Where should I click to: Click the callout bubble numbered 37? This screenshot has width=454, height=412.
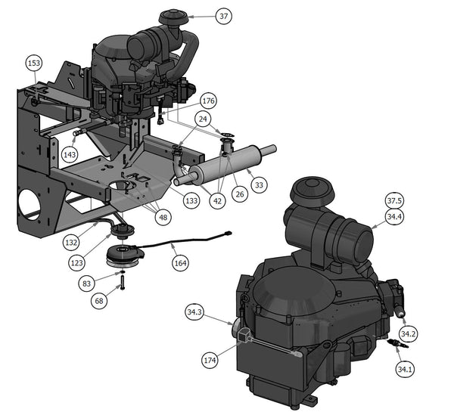(x=223, y=16)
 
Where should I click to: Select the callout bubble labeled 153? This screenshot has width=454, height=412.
(x=34, y=63)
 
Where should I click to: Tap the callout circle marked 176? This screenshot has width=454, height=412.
(x=209, y=101)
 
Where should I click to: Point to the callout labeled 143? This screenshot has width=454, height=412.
(x=70, y=154)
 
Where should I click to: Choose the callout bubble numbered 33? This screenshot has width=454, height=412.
(x=259, y=184)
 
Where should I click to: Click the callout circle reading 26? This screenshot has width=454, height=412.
(x=240, y=194)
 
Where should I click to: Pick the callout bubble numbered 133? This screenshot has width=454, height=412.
(x=191, y=200)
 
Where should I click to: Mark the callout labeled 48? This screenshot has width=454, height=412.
(x=163, y=217)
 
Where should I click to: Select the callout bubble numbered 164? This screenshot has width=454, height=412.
(x=180, y=263)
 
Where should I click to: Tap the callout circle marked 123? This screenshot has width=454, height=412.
(x=76, y=263)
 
